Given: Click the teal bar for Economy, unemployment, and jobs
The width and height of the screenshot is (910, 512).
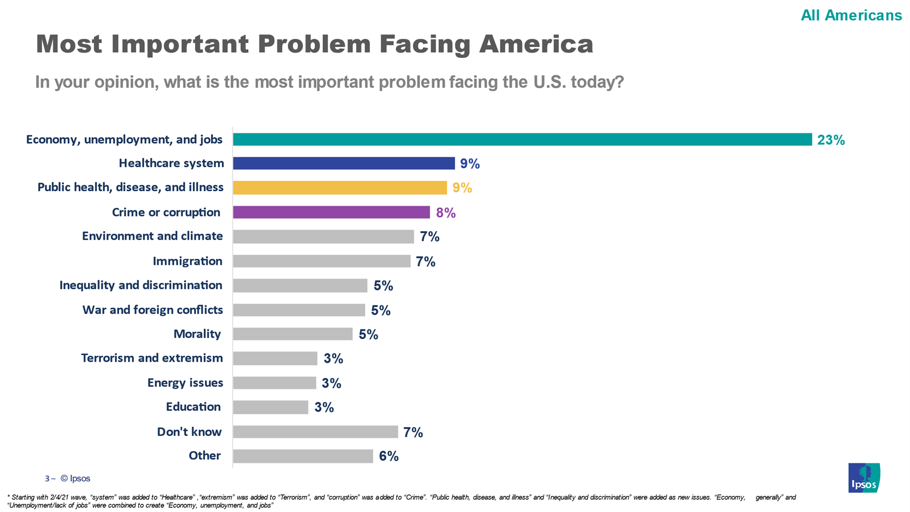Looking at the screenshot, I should [x=522, y=139].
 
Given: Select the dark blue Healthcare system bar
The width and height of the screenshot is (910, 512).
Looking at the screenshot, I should [x=344, y=163].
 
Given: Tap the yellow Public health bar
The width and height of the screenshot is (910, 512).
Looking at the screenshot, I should [x=340, y=187].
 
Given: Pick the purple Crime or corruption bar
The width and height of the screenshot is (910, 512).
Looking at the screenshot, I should [x=331, y=212].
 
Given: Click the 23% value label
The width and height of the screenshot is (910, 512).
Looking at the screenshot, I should [x=830, y=140].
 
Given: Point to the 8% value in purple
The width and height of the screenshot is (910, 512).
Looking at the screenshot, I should [x=445, y=213].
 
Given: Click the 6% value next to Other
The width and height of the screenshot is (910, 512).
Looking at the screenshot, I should [x=388, y=456].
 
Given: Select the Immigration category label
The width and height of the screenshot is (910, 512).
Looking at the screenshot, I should [x=187, y=261].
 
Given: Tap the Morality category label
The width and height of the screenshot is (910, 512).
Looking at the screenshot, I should [x=197, y=334].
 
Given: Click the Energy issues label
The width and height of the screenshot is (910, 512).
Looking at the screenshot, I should [x=185, y=382].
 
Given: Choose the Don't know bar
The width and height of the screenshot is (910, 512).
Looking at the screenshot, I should [x=315, y=432].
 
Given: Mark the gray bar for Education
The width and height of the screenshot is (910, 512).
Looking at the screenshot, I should [x=270, y=407].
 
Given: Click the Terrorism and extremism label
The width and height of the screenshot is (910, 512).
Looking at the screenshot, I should [x=152, y=358].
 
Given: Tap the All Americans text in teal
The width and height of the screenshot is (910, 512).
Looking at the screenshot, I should [x=851, y=15].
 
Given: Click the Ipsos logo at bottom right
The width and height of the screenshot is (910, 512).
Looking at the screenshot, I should [x=864, y=478].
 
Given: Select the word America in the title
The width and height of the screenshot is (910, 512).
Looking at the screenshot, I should [x=536, y=44].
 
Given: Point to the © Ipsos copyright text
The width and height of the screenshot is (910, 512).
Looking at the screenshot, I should [x=75, y=478].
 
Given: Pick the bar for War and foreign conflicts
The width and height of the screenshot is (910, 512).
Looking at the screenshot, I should [x=299, y=310].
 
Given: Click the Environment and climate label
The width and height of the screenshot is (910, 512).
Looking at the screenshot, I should [x=152, y=236].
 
